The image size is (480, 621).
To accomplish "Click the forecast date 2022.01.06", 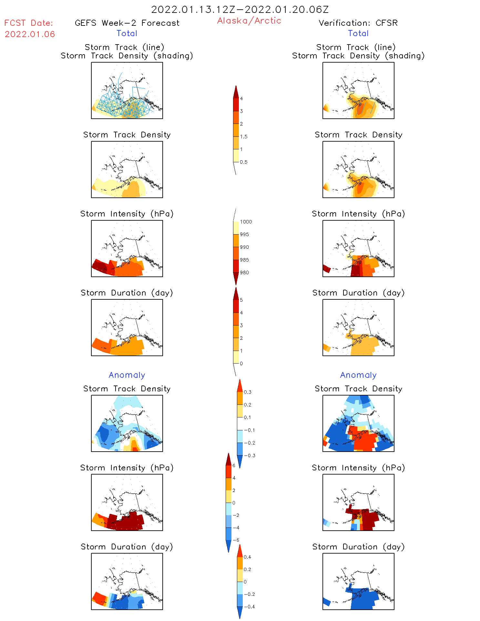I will tap(30, 34).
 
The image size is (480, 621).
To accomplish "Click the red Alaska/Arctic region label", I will tap(249, 21).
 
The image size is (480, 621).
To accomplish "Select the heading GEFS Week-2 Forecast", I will tap(127, 23).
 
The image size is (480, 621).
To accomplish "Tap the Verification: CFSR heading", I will tap(358, 23).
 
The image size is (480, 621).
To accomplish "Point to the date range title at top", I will tap(240, 9).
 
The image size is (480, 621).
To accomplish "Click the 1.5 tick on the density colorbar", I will tap(244, 136).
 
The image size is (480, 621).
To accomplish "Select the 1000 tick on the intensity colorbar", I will tap(246, 222).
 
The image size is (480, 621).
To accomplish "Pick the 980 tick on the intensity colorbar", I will tap(244, 273).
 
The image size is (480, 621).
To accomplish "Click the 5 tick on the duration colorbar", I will tap(241, 300).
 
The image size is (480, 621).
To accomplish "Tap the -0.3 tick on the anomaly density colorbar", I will tap(250, 456).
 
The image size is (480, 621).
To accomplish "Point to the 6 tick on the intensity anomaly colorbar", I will tap(234, 466).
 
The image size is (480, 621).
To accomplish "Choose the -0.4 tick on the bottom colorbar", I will tap(249, 606).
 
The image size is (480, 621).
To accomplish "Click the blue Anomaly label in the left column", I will tap(127, 375).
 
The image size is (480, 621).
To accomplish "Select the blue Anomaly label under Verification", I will tap(358, 375).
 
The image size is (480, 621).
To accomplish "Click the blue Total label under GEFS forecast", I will tap(127, 33).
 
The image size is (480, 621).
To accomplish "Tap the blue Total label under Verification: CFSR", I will tap(358, 33).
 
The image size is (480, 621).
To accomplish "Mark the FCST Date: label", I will tap(29, 23).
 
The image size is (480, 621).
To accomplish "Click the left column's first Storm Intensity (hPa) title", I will tap(127, 214).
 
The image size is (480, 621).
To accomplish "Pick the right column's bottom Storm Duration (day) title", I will tap(358, 547).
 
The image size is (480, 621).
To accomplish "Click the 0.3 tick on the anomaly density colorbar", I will tap(247, 392).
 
